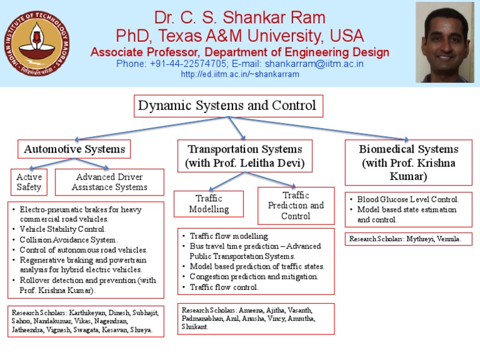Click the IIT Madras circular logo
[x=37, y=43]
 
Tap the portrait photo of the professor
[x=445, y=42]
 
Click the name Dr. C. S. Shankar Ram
[x=240, y=17]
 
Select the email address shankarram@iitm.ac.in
[x=314, y=64]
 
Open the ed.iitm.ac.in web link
[x=240, y=74]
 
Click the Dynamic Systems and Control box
[x=228, y=106]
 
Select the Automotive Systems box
[x=74, y=149]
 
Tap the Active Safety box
[x=29, y=182]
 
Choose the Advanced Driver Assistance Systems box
[x=109, y=182]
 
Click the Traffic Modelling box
[x=209, y=204]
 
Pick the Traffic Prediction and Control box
[x=296, y=206]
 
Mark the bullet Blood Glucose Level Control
[x=408, y=199]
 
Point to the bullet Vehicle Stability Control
[x=62, y=229]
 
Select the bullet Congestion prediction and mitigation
[x=254, y=277]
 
